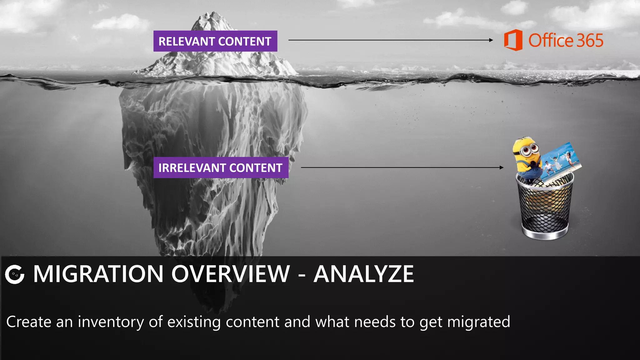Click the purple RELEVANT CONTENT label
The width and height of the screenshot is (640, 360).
[215, 41]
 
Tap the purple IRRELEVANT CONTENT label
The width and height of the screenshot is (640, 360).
[221, 168]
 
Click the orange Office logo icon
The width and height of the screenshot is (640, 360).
[513, 40]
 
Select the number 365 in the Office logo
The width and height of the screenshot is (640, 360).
[589, 41]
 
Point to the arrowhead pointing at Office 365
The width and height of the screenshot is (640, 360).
[491, 40]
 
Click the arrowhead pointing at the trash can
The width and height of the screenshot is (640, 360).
[502, 167]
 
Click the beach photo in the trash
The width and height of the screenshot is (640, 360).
[561, 162]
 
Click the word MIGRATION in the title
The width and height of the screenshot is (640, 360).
[98, 274]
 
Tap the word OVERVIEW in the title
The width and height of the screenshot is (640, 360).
[231, 274]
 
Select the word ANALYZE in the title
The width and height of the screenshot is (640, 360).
[363, 274]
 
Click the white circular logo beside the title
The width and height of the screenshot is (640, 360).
[15, 274]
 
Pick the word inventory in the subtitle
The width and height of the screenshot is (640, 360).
[111, 322]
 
